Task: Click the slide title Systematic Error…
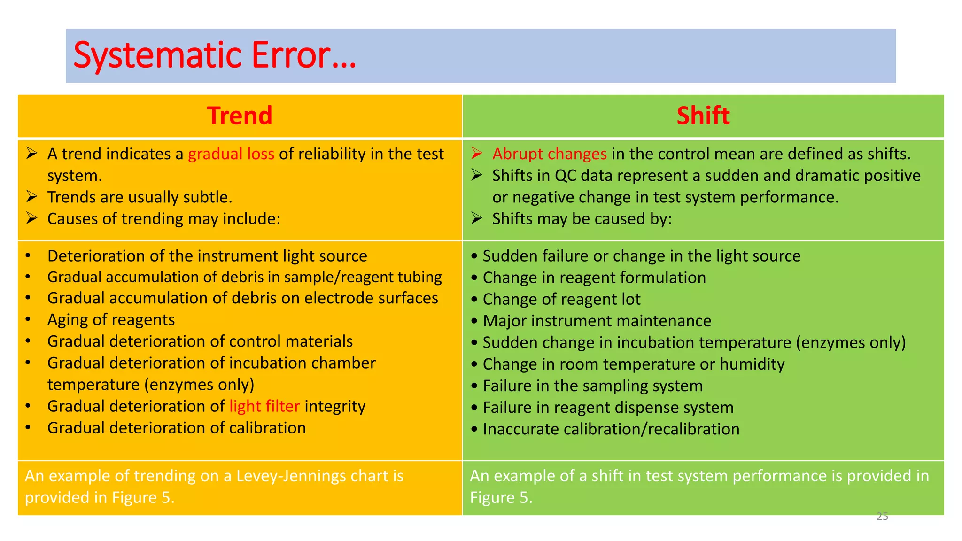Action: [x=215, y=55]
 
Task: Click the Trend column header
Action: [x=240, y=116]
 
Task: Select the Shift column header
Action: [x=703, y=116]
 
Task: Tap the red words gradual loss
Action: [x=231, y=154]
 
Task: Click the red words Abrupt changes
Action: [x=549, y=154]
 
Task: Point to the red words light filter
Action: [x=264, y=406]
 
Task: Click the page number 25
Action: [x=882, y=517]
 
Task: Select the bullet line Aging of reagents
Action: [x=111, y=320]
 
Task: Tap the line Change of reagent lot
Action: [x=561, y=300]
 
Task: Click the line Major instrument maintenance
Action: [x=597, y=321]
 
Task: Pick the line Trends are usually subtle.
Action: [x=140, y=197]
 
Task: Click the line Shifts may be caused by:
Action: [x=582, y=219]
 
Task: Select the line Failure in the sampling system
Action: [x=592, y=386]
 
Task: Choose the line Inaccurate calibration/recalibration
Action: [x=611, y=429]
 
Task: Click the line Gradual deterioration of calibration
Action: [x=176, y=428]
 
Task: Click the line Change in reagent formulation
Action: [x=594, y=278]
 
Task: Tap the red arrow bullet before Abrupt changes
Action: [x=477, y=153]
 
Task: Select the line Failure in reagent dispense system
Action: [x=608, y=408]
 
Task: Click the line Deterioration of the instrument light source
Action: [x=207, y=256]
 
